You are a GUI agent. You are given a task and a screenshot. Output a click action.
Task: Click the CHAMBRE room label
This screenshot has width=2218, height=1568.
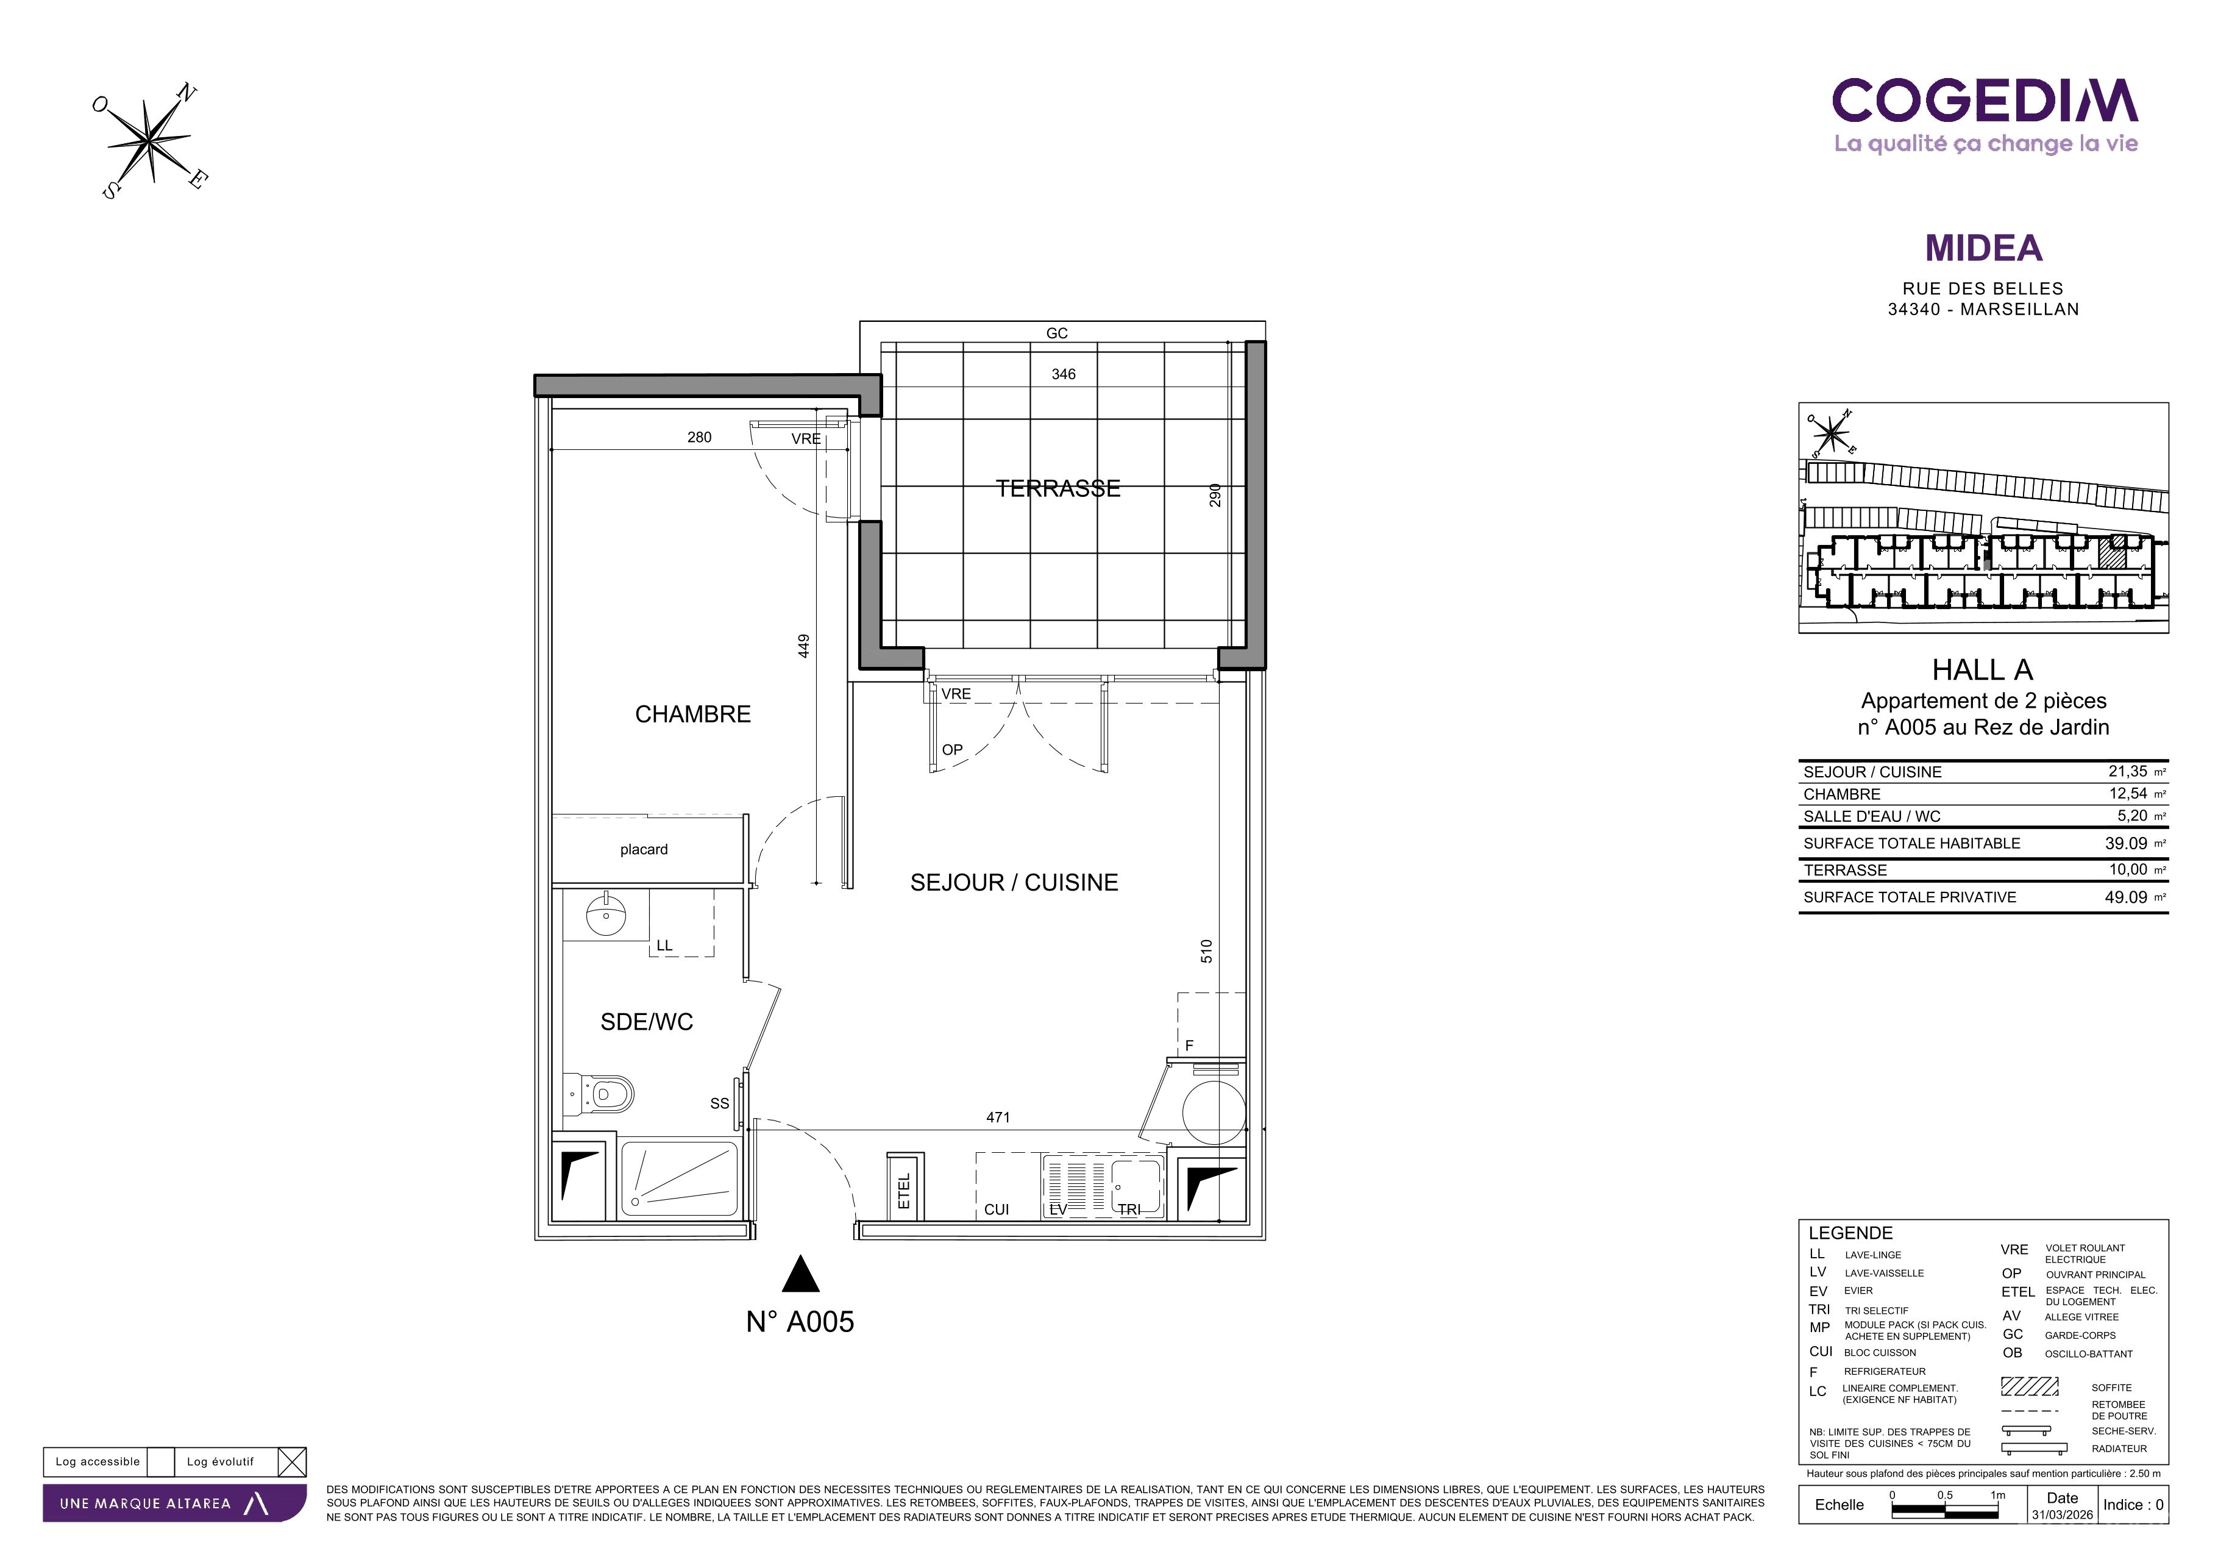692,714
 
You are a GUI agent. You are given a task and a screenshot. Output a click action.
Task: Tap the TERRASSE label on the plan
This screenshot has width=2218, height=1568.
1057,489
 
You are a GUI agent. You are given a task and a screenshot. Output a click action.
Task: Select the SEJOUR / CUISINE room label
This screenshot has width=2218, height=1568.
1014,882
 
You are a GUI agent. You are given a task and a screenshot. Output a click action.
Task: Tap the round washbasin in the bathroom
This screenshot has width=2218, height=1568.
606,913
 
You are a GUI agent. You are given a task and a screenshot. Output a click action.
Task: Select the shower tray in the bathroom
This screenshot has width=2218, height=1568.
679,1178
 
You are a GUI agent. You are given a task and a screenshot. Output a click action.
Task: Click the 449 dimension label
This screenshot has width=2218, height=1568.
804,646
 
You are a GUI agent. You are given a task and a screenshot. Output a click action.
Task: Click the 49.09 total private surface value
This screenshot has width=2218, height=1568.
2126,897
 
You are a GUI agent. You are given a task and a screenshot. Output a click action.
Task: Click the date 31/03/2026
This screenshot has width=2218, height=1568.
2063,1515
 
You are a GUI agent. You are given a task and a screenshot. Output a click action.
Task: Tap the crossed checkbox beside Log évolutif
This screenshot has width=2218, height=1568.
292,1462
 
